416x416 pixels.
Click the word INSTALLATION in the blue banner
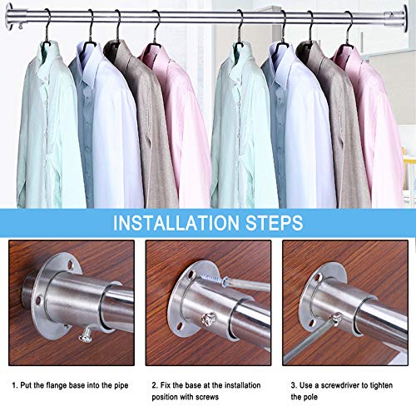pyautogui.click(x=176, y=223)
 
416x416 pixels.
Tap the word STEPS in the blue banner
pyautogui.click(x=275, y=223)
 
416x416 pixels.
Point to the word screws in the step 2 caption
pyautogui.click(x=207, y=397)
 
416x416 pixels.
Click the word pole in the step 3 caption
pyautogui.click(x=311, y=397)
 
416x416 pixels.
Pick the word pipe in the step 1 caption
pyautogui.click(x=121, y=386)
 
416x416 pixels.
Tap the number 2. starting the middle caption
pyautogui.click(x=155, y=385)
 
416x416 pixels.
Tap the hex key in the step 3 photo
pyautogui.click(x=310, y=339)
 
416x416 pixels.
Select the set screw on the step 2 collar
pyautogui.click(x=209, y=319)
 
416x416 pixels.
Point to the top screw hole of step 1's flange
pyautogui.click(x=71, y=265)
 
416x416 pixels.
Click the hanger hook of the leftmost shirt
pyautogui.click(x=47, y=27)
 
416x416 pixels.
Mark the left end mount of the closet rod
pyautogui.click(x=10, y=16)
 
